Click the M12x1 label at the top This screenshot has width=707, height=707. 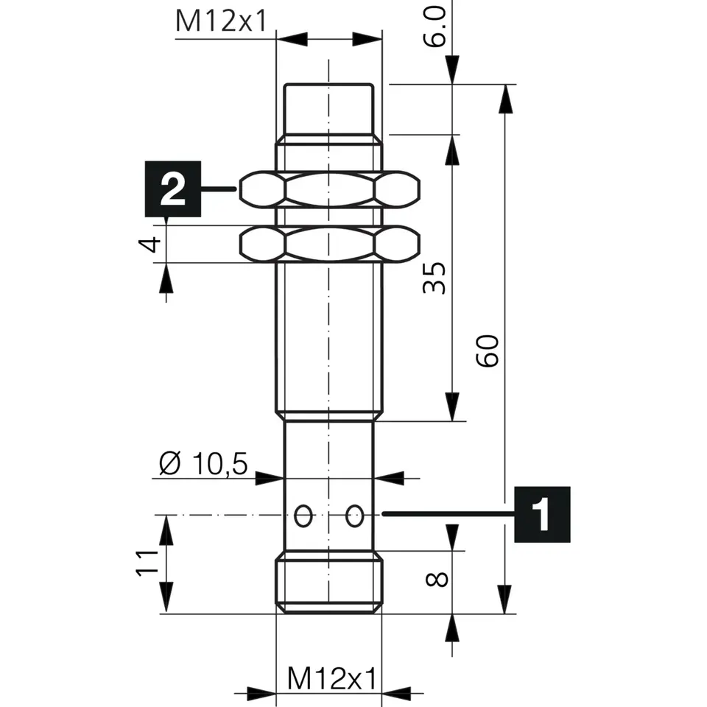(x=222, y=21)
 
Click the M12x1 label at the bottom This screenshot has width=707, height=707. (x=331, y=678)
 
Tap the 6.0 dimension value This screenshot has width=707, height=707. (x=435, y=27)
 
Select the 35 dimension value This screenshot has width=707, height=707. (x=435, y=278)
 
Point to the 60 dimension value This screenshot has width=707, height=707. (x=488, y=351)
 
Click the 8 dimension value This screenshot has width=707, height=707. (x=437, y=579)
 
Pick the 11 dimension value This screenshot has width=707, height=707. (x=147, y=563)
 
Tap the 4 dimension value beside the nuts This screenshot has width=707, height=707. (x=150, y=245)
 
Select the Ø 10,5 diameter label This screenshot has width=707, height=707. (x=203, y=463)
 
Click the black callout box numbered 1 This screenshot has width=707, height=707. (x=543, y=515)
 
